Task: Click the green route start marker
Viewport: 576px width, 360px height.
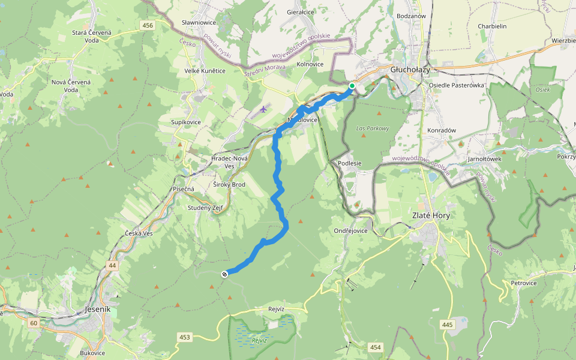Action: click(x=352, y=86)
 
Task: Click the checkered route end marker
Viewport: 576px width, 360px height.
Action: click(x=224, y=274)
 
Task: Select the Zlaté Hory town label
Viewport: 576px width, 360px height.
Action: click(x=431, y=215)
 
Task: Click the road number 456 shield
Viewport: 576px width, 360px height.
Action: click(x=148, y=25)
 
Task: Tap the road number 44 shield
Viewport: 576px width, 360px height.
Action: click(x=112, y=265)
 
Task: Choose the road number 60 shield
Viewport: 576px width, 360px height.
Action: click(x=33, y=323)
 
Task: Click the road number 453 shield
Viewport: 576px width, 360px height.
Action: click(x=184, y=337)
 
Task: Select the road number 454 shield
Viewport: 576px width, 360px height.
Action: click(x=376, y=347)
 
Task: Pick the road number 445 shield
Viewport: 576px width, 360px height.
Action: click(x=446, y=325)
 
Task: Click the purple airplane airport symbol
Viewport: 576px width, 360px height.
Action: click(x=263, y=109)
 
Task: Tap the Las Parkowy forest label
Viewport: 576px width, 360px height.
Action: click(x=373, y=128)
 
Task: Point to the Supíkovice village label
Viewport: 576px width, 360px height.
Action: click(x=185, y=122)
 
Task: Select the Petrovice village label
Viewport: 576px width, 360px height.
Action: click(x=523, y=283)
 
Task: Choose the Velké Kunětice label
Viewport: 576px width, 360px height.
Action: click(x=205, y=71)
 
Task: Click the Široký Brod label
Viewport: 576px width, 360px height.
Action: click(x=229, y=184)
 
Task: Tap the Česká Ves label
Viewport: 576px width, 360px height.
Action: click(x=139, y=233)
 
